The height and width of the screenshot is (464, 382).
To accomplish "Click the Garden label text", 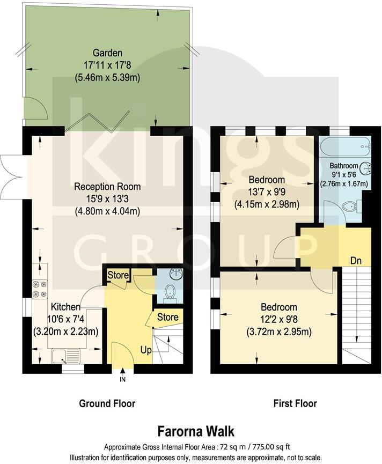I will click(x=107, y=53).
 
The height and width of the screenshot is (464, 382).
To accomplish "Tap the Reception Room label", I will click(x=107, y=187).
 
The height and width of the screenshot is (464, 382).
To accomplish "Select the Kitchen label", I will click(x=65, y=307).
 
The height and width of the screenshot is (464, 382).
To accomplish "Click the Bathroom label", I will click(x=344, y=165).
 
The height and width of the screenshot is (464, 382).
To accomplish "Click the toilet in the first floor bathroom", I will click(x=351, y=205).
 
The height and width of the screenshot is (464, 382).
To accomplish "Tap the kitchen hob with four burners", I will click(x=39, y=289).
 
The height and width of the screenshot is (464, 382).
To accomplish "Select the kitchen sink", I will click(x=65, y=355).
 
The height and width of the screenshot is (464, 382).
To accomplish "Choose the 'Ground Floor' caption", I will click(x=107, y=403).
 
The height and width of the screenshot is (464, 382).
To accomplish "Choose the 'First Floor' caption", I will click(x=295, y=403).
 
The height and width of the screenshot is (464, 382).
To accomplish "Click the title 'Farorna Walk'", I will click(x=195, y=431).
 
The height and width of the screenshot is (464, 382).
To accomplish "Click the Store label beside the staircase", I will click(x=167, y=317).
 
